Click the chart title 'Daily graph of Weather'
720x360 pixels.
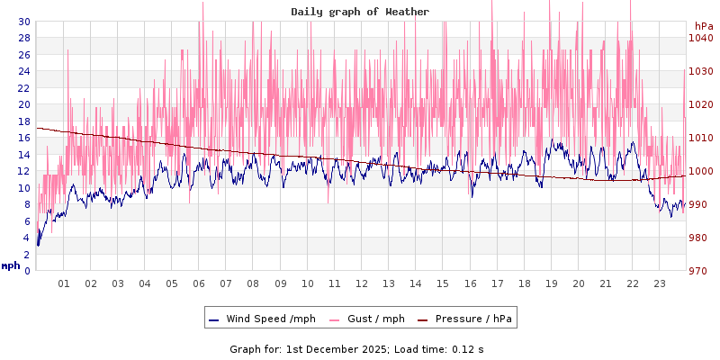tap(360, 12)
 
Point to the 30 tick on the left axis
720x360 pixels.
tap(24, 22)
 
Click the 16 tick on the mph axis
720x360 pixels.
tap(24, 138)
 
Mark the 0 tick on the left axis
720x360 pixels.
tap(27, 271)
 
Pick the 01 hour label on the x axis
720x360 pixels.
tap(64, 283)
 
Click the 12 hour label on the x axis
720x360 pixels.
tap(362, 283)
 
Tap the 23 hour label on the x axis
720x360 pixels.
tap(659, 283)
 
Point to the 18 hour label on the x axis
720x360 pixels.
tap(524, 283)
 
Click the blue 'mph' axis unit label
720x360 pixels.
tap(11, 265)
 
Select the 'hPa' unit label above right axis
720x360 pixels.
tap(703, 26)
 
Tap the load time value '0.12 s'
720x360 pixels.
tap(468, 348)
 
